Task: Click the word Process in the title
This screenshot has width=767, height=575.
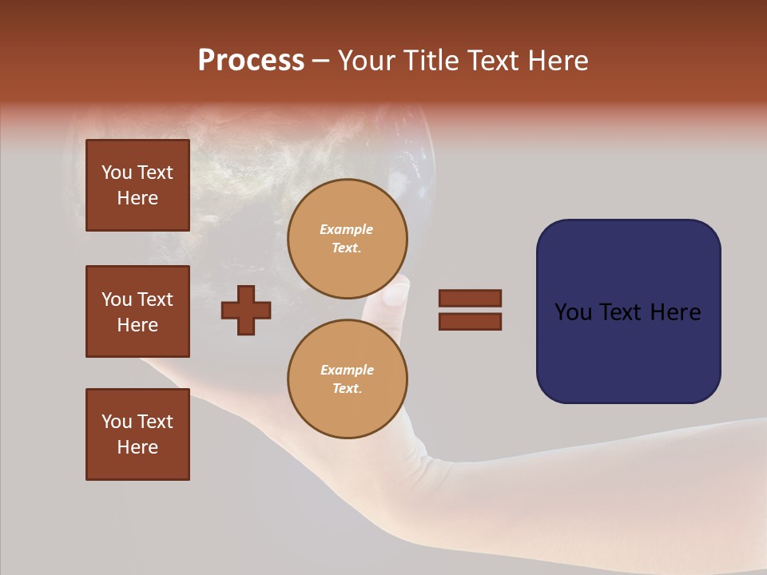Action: point(251,61)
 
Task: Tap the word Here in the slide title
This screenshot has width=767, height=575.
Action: point(559,61)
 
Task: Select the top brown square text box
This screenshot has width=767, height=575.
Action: point(137,185)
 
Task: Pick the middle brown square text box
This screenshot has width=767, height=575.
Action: point(137,311)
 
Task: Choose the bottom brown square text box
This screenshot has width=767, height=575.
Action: point(137,434)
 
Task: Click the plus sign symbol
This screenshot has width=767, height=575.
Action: point(246,310)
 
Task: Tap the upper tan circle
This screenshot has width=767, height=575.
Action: point(348,238)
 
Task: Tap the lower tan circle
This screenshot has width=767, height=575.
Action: point(348,379)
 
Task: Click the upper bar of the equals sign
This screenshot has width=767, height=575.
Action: point(470,298)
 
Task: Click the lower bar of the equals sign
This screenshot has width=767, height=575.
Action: point(470,321)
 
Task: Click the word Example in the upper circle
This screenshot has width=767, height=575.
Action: point(346,229)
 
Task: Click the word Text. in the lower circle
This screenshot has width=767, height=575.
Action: point(347,388)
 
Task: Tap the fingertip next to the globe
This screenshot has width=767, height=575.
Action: point(395,295)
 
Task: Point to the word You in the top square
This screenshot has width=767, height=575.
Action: point(117,172)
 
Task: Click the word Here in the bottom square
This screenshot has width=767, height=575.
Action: point(137,447)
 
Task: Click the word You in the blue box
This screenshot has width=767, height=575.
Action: point(572,312)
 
